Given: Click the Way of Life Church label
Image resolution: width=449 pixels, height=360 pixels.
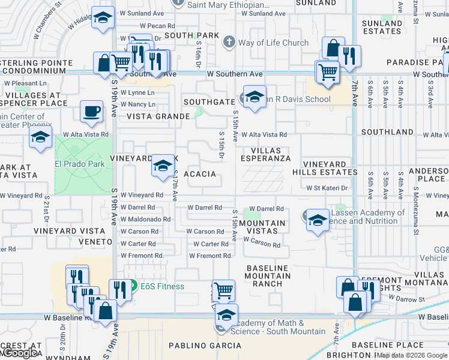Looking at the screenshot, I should click(x=273, y=43).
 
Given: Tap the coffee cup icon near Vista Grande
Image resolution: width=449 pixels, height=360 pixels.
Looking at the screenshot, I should click(x=91, y=112).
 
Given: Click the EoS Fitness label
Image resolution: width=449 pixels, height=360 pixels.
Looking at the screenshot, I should click(x=162, y=286).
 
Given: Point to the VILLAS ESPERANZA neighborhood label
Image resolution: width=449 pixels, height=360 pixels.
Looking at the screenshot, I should click(x=266, y=154).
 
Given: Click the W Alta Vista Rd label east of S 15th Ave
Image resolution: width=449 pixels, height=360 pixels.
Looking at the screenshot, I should click(x=264, y=135).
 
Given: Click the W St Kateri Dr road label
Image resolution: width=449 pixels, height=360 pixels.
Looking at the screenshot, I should click(x=327, y=188).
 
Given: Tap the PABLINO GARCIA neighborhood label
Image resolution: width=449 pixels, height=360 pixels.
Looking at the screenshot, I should click(x=205, y=346).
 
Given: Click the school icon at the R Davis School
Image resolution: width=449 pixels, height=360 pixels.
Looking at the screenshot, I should click(x=255, y=97).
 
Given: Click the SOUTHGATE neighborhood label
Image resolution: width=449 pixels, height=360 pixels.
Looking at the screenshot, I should click(x=209, y=102).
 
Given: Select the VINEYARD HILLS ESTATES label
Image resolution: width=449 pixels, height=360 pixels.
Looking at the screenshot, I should click(x=324, y=168).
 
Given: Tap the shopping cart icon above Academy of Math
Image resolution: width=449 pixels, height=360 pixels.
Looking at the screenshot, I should click(x=223, y=290).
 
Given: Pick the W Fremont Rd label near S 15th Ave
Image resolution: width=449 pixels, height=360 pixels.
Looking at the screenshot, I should click(x=210, y=256).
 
